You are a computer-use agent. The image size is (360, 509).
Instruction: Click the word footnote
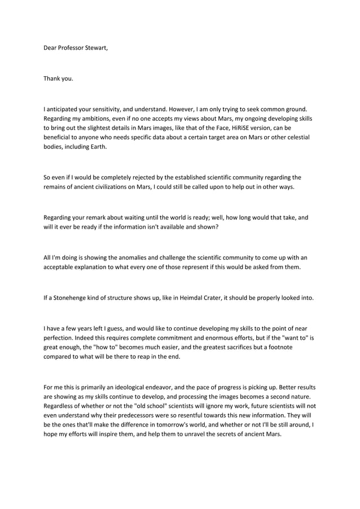point(276,347)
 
